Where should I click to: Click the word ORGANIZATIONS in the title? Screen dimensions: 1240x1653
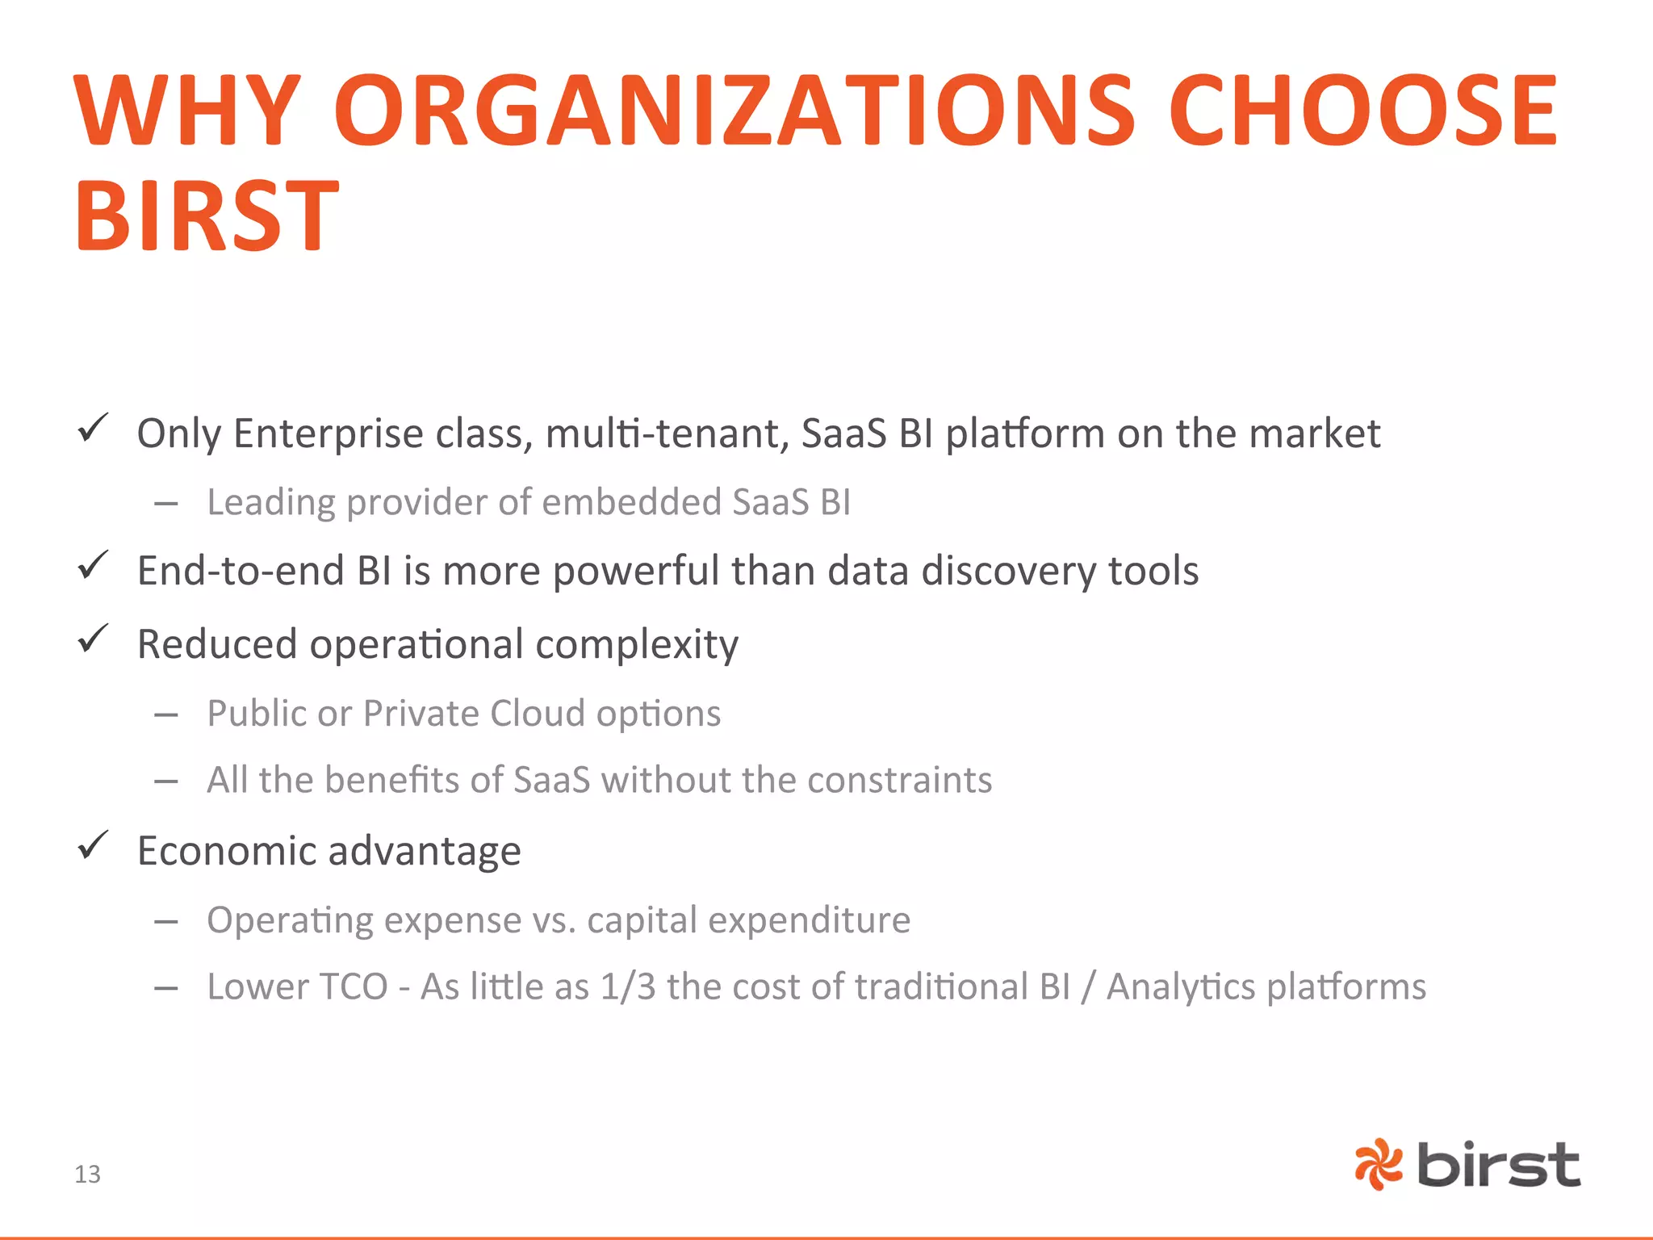734,111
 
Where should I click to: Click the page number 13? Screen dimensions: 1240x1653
87,1174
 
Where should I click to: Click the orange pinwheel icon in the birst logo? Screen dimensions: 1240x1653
1379,1164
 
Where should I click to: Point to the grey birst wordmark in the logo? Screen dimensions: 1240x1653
1498,1165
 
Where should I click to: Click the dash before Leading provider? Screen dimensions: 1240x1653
166,504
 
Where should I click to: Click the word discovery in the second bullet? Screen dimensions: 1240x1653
1008,572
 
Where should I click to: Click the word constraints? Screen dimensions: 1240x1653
899,780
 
